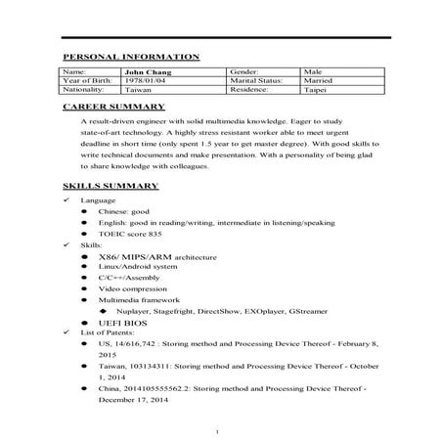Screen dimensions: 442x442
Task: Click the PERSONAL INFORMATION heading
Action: (x=131, y=57)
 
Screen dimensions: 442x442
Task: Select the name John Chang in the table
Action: (x=144, y=71)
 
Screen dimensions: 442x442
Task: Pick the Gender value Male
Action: (x=314, y=71)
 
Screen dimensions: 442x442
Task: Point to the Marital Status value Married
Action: (x=319, y=80)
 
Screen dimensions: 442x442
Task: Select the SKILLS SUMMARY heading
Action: (x=110, y=185)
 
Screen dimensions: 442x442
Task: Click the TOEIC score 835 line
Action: (x=129, y=235)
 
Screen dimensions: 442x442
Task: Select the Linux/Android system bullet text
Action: (x=138, y=266)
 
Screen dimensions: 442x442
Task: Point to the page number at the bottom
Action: (x=221, y=430)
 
